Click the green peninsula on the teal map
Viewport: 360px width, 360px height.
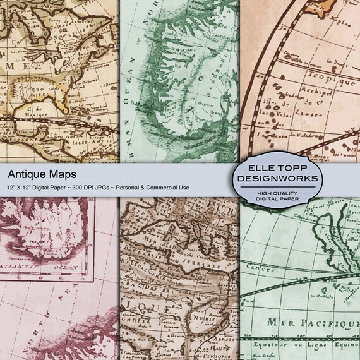click(x=183, y=95)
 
